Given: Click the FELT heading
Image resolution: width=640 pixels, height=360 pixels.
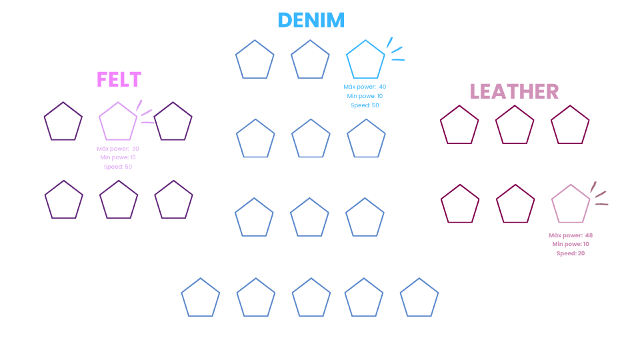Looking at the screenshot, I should pyautogui.click(x=119, y=79).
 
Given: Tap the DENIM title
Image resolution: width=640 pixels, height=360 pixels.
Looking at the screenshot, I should pyautogui.click(x=311, y=20).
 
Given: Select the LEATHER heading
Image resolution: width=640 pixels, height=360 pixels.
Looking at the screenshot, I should pyautogui.click(x=514, y=91).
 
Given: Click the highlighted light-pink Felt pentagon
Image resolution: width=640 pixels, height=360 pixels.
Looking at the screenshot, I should pyautogui.click(x=118, y=121).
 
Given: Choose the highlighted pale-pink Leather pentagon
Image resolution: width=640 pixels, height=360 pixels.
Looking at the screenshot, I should pyautogui.click(x=571, y=205).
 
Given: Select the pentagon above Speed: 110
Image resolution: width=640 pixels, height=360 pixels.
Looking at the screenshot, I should pyautogui.click(x=419, y=298).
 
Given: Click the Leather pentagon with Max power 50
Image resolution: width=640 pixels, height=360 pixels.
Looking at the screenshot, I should pyautogui.click(x=460, y=205).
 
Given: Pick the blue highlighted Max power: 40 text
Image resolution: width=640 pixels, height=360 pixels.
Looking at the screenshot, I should pyautogui.click(x=365, y=87).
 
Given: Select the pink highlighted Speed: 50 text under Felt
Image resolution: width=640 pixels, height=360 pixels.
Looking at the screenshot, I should pyautogui.click(x=118, y=167).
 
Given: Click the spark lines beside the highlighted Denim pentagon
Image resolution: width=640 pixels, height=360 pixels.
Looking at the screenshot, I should pyautogui.click(x=395, y=51).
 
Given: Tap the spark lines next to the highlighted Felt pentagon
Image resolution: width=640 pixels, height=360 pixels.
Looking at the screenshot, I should pyautogui.click(x=145, y=113).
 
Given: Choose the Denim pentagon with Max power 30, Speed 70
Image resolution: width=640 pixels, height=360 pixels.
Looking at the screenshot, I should pyautogui.click(x=255, y=218).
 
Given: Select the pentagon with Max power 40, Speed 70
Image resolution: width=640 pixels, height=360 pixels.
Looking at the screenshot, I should pyautogui.click(x=201, y=298).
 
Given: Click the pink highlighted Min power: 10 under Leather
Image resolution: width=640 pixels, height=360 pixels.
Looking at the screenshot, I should pyautogui.click(x=571, y=245).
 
